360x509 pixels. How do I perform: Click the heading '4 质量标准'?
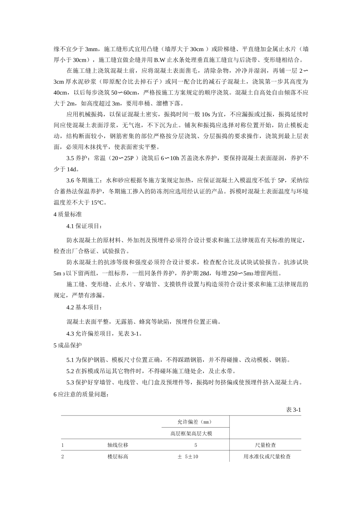tap(67, 214)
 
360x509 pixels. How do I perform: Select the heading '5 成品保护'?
tap(67, 345)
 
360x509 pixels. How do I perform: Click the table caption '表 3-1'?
tap(293, 410)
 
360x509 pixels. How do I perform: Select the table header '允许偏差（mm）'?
tap(194, 422)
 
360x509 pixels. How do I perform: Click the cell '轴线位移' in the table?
tap(118, 445)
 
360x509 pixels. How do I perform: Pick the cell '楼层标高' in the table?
tap(118, 457)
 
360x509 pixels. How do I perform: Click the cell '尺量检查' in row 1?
tap(266, 445)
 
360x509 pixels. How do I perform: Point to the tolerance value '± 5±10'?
tap(188, 457)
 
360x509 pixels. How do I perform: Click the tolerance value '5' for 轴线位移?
tap(196, 445)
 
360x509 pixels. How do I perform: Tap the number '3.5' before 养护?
tap(70, 159)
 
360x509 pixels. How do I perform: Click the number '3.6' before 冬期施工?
tap(70, 181)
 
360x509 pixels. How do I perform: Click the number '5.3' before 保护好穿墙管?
tap(70, 383)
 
